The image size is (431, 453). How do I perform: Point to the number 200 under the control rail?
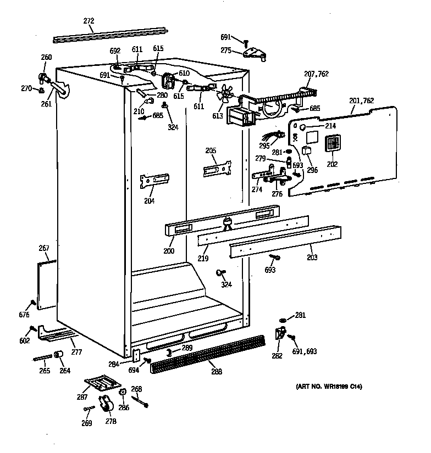169,251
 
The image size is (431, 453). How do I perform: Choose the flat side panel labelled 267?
47,284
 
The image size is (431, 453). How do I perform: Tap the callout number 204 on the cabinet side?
149,200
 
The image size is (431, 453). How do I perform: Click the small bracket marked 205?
217,168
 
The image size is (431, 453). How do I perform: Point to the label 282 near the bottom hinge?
277,356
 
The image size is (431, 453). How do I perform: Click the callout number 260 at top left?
47,57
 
